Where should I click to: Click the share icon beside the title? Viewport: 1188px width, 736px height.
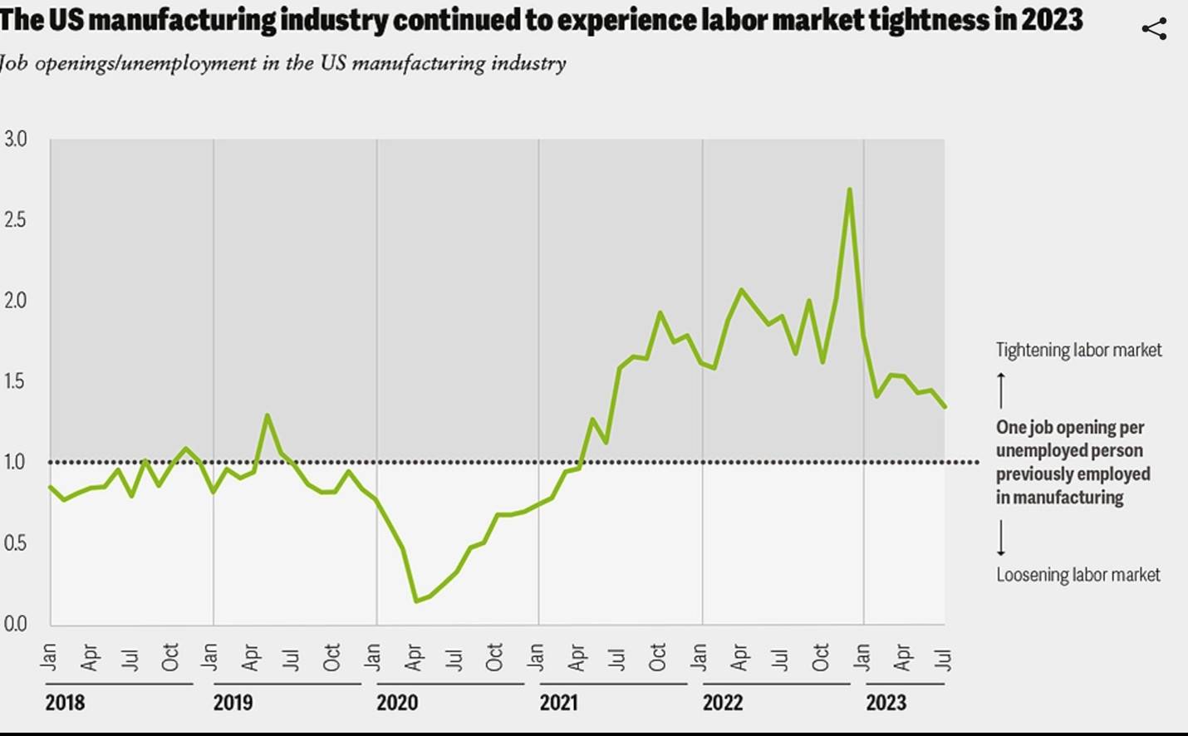click(1154, 29)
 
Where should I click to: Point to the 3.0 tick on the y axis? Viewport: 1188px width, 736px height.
click(15, 139)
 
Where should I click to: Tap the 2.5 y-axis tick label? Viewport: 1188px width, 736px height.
click(15, 219)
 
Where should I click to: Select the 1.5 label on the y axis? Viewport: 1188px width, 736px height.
click(15, 381)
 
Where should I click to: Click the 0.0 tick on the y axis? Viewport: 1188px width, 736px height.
click(15, 624)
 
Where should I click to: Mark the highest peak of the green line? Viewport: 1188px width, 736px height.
click(849, 189)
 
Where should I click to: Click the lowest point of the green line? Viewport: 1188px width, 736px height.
click(415, 601)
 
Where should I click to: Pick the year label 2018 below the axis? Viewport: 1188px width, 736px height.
click(65, 703)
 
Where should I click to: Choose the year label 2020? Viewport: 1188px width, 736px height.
click(397, 703)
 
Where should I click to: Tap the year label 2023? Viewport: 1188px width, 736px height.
click(886, 703)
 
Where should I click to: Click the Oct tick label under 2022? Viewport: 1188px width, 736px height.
click(821, 657)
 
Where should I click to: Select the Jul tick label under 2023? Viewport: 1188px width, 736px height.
click(943, 659)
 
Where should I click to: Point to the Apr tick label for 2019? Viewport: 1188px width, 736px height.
click(251, 657)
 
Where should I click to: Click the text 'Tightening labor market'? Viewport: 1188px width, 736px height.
click(1078, 350)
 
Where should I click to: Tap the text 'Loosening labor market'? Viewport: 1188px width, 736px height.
click(1078, 575)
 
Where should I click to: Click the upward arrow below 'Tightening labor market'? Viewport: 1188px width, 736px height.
click(1001, 390)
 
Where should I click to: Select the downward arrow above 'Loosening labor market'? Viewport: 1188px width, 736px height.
click(1001, 537)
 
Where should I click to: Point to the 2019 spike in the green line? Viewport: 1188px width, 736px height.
click(267, 415)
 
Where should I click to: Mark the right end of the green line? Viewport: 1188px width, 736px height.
click(945, 406)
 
